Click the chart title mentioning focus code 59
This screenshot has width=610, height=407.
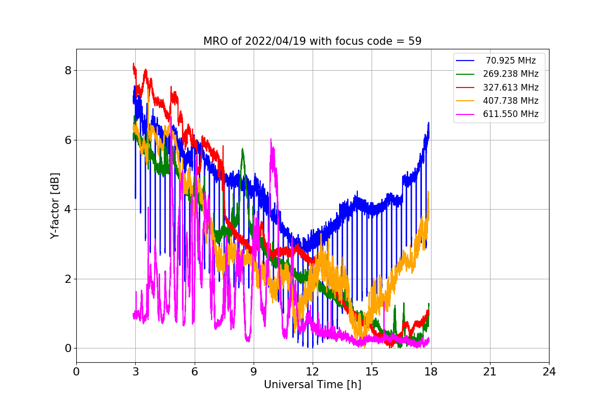click(x=312, y=41)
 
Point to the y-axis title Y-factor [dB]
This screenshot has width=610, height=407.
click(x=55, y=206)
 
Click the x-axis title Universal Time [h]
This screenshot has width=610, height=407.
click(x=312, y=385)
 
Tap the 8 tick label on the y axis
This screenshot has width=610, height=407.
click(x=67, y=70)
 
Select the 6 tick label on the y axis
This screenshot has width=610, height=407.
click(x=67, y=140)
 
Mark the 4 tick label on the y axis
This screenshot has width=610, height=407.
click(x=67, y=209)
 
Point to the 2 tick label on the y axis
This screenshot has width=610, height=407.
click(x=67, y=279)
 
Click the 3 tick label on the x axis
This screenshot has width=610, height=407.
click(x=135, y=372)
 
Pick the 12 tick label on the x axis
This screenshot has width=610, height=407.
click(x=312, y=372)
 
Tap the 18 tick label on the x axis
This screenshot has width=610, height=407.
click(x=431, y=372)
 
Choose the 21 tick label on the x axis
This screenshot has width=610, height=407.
click(x=490, y=372)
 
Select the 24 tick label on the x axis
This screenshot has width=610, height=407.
click(x=548, y=372)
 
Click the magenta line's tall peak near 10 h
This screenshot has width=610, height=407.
click(x=271, y=139)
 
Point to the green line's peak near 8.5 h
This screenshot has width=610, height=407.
click(x=242, y=149)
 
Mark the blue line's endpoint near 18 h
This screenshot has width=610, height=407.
click(x=429, y=123)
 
